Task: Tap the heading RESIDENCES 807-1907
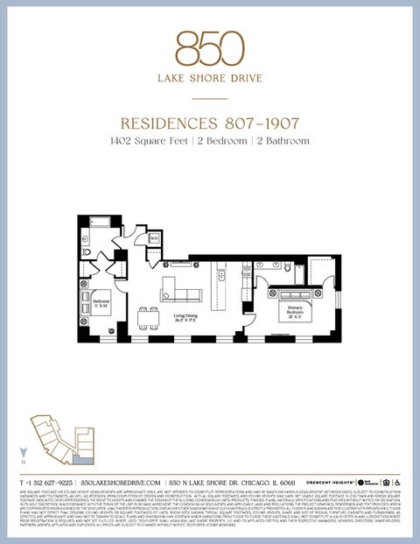pyautogui.click(x=209, y=124)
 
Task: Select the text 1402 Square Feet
pyautogui.click(x=148, y=140)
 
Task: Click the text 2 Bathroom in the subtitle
pyautogui.click(x=281, y=140)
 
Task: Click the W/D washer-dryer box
pyautogui.click(x=153, y=237)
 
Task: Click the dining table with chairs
pyautogui.click(x=150, y=315)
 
